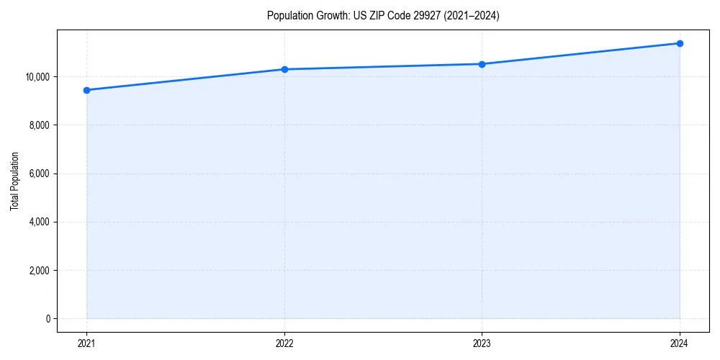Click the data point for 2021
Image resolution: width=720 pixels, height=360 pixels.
pos(86,90)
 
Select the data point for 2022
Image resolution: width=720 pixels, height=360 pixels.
pos(284,69)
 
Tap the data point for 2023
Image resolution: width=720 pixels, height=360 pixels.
pos(482,64)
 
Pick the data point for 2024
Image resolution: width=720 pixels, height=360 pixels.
pos(680,43)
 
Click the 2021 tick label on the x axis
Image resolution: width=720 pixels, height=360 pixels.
pos(86,343)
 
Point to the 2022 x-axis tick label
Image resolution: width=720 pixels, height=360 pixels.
pos(284,343)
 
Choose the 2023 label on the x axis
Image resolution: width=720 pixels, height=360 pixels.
pos(482,343)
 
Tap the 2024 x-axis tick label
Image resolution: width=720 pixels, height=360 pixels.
pos(680,343)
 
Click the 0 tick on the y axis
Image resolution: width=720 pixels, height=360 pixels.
pos(48,319)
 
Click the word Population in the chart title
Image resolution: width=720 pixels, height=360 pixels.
pos(289,16)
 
